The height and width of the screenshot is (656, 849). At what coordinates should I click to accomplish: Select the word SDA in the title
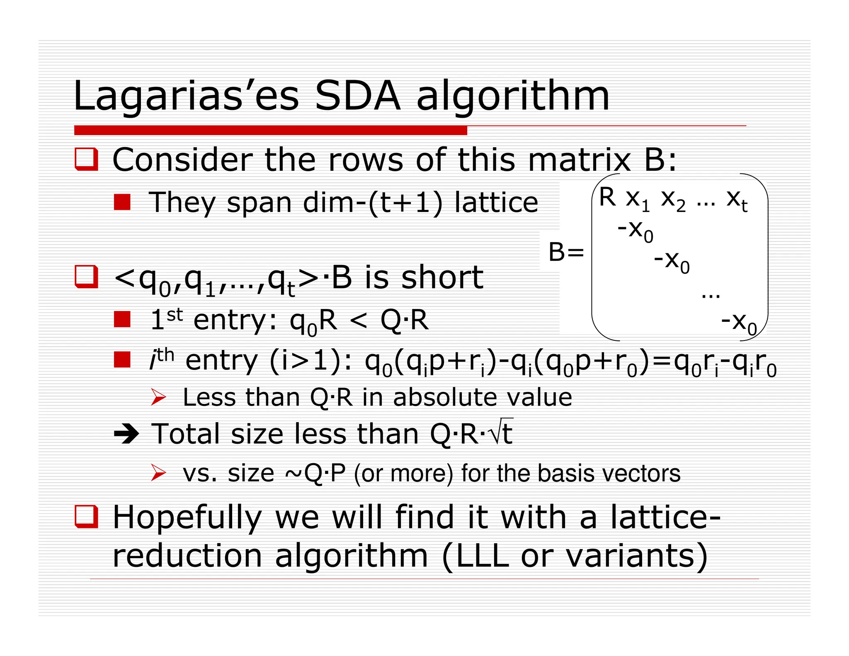[357, 96]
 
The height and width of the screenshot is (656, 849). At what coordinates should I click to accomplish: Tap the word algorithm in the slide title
[513, 96]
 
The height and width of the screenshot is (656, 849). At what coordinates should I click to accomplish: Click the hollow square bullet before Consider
[86, 159]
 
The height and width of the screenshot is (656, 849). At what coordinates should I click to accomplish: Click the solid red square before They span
[122, 202]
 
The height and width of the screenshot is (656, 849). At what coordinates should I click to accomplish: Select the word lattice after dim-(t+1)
[496, 202]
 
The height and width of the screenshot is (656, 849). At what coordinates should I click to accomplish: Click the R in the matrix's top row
[607, 197]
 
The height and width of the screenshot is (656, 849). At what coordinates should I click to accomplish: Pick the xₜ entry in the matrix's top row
[737, 199]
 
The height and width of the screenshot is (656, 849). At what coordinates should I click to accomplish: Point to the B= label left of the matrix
[566, 252]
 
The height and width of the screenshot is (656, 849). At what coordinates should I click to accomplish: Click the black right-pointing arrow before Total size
[126, 434]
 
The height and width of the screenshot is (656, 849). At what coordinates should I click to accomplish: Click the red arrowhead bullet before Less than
[158, 397]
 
